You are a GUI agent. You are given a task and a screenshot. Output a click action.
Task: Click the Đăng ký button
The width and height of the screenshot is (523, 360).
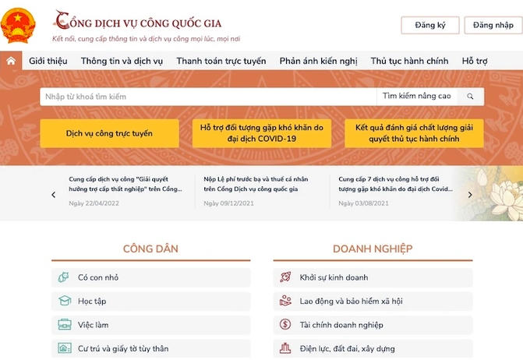click(x=430, y=26)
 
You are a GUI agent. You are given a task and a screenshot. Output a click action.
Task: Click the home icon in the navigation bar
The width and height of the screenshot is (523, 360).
click(x=11, y=61)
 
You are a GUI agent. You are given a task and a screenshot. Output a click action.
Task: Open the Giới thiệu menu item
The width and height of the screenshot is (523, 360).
click(x=48, y=61)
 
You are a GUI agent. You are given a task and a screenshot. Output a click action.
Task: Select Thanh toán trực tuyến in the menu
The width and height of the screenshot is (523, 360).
click(x=221, y=61)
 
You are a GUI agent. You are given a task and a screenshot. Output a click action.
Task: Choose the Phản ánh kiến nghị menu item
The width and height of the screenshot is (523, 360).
click(x=318, y=61)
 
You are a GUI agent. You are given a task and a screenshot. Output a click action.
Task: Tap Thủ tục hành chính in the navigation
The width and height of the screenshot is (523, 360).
click(x=409, y=61)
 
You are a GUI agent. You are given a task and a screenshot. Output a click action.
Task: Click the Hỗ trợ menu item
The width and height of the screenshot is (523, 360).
click(x=475, y=61)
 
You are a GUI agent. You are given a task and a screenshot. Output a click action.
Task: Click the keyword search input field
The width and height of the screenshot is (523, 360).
click(x=207, y=97)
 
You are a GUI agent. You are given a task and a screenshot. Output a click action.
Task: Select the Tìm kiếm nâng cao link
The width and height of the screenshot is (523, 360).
click(x=417, y=97)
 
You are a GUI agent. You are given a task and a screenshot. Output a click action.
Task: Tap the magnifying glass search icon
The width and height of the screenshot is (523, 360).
click(x=470, y=97)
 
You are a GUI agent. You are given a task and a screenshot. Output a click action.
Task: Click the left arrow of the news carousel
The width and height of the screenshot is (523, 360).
click(x=53, y=195)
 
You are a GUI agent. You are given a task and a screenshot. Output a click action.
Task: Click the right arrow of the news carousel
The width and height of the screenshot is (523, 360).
click(x=470, y=195)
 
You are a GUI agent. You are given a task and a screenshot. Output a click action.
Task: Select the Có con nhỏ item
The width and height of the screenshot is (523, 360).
click(x=98, y=277)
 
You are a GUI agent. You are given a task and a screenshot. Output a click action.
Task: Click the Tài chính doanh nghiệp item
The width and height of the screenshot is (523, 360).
click(x=341, y=325)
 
